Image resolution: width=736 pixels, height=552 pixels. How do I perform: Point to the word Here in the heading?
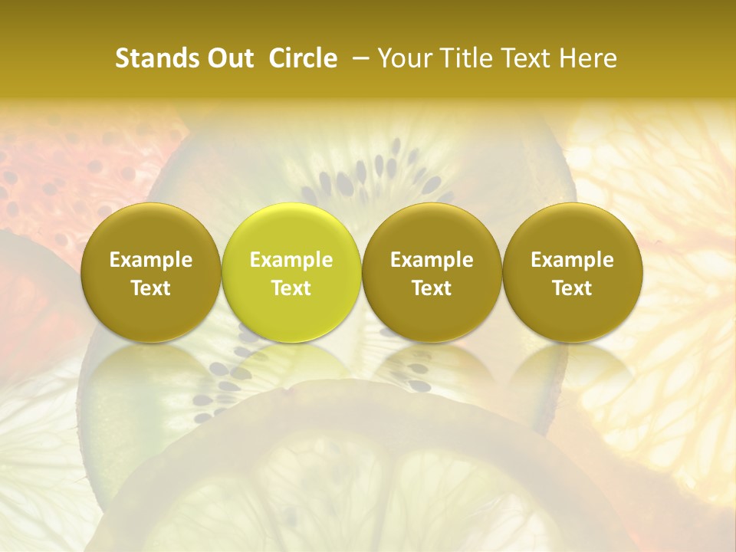coord(591,58)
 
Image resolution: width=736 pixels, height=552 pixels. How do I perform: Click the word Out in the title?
coord(228,58)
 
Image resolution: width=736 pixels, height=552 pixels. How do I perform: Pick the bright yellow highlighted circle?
coord(291,272)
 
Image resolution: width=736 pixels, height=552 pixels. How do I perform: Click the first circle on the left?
coord(151,272)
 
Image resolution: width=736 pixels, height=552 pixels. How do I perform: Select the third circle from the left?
coord(432,272)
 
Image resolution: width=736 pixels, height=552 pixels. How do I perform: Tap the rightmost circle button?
coord(573,272)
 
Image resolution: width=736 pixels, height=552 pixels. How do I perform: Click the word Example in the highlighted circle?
coord(291,260)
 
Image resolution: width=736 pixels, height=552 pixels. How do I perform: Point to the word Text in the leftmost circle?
coord(151,288)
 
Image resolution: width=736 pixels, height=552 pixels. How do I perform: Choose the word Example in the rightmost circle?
coord(573,260)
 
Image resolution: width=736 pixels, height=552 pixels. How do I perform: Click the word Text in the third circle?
coord(432,288)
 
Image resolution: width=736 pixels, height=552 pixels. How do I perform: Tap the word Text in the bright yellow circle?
coord(291,288)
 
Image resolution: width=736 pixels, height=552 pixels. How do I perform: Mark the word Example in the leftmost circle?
coord(151,260)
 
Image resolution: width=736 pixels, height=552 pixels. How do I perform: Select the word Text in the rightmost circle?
coord(573,288)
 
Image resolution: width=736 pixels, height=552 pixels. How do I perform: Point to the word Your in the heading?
coord(405,58)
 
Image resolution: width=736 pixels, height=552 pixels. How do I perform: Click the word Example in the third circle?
coord(432,260)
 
